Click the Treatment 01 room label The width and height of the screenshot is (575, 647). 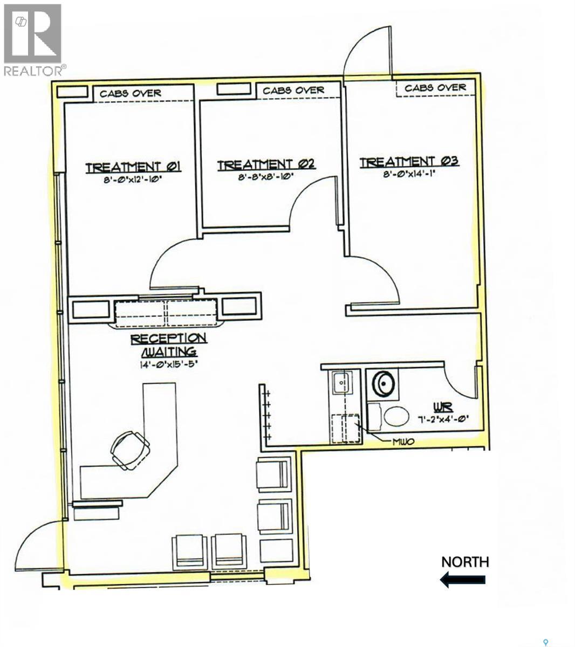coord(133,167)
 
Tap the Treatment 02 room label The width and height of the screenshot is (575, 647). coord(266,164)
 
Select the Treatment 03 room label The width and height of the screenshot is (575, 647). coord(409,161)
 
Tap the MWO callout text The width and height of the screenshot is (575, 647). coord(403,442)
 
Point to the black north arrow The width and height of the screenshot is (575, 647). coord(463,580)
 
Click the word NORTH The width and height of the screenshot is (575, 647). coord(465,562)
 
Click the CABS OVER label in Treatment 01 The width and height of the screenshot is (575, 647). coord(131,93)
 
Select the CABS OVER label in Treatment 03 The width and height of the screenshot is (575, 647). coord(435,87)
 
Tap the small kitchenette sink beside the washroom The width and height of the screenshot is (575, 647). coord(341,383)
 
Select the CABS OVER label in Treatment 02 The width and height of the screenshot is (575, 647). coord(293,90)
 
